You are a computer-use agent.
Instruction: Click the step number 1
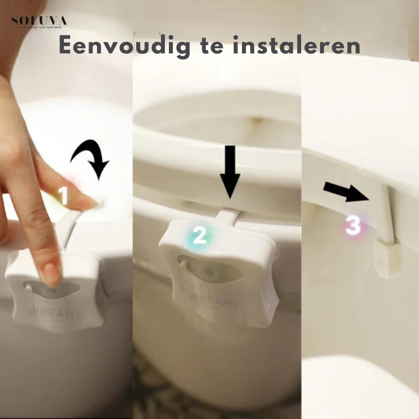coord(63,196)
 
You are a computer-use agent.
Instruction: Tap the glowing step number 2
coord(200,236)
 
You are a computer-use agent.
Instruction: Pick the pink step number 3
coord(353,226)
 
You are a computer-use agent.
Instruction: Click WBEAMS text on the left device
coord(54,314)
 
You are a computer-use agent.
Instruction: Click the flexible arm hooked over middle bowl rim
coord(229,216)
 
